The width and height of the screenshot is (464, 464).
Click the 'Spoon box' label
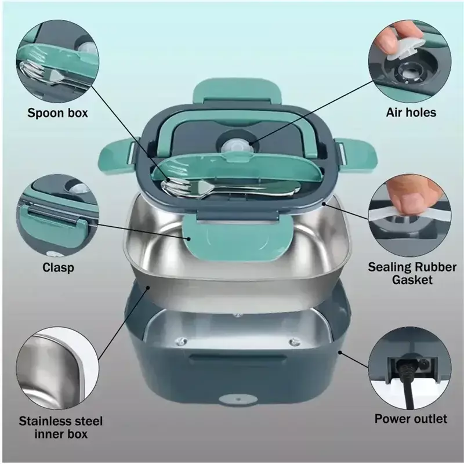point(57,113)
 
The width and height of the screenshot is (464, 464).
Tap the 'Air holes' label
point(411,113)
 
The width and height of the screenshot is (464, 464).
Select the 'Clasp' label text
point(58,267)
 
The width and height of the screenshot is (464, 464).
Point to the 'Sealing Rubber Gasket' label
point(412,273)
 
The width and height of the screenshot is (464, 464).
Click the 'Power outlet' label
point(411,419)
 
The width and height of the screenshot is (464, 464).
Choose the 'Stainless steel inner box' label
point(61,427)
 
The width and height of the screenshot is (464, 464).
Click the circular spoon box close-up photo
point(57,61)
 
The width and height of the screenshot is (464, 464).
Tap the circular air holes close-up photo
point(410,61)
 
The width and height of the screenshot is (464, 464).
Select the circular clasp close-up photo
point(57,216)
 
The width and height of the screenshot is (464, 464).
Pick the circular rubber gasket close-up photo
point(410,216)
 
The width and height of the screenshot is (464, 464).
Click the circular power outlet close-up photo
point(410,368)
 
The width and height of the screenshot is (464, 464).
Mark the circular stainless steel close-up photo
point(57,368)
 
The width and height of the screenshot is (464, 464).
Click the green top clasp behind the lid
point(237,91)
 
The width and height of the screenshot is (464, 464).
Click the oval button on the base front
point(238,400)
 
